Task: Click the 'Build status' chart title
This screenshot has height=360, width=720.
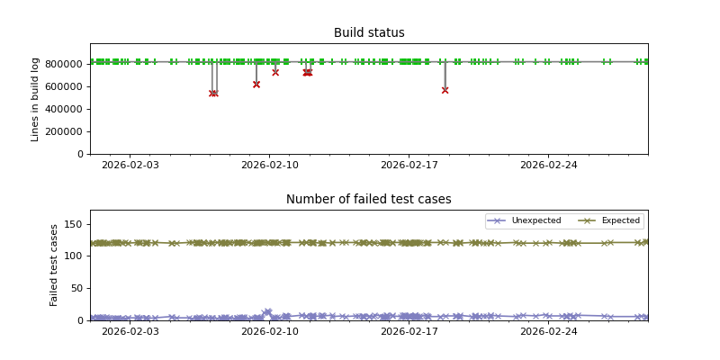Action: click(369, 33)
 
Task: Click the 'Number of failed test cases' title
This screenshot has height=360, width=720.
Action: click(369, 200)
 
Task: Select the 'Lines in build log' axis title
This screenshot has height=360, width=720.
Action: click(36, 99)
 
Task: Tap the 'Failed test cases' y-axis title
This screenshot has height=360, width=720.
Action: click(54, 265)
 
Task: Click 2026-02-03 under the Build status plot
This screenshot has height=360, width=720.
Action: click(130, 165)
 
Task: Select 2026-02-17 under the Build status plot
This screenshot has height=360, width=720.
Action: click(409, 165)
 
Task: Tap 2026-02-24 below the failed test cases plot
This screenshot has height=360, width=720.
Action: click(549, 331)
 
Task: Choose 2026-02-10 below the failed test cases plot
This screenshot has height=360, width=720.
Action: click(270, 331)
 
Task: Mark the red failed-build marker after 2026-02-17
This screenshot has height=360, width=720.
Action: click(445, 90)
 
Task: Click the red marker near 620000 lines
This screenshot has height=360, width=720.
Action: click(256, 84)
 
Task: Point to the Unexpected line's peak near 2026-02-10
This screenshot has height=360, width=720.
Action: click(267, 311)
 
